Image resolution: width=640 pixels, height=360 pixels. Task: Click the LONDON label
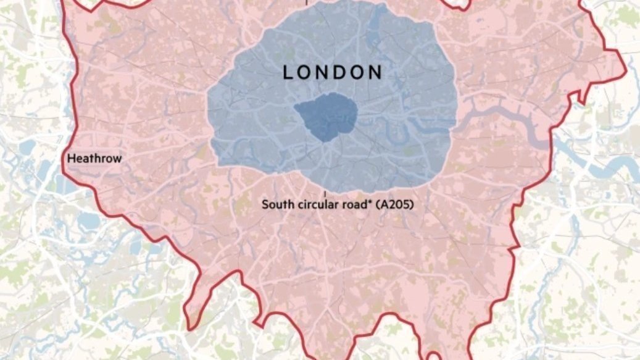[333, 72]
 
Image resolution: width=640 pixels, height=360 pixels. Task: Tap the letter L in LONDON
[288, 72]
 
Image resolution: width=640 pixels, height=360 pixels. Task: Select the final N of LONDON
[376, 72]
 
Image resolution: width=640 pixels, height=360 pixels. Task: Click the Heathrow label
[94, 159]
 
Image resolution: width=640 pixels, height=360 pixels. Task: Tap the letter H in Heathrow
[71, 159]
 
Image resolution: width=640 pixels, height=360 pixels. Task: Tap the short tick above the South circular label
[325, 194]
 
